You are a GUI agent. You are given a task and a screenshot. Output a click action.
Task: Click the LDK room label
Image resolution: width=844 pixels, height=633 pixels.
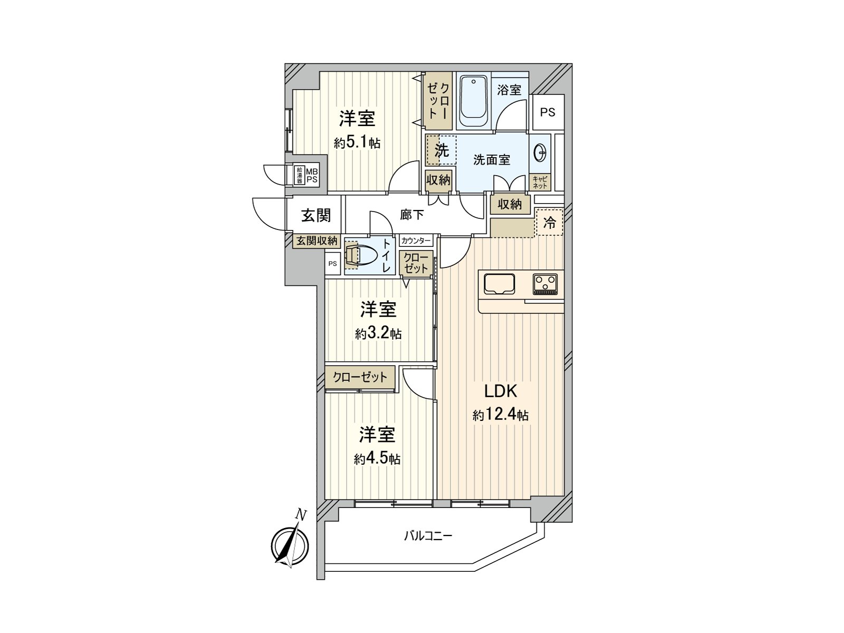coord(501,391)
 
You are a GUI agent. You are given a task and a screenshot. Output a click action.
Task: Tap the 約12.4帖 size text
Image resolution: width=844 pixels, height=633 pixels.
coord(500,415)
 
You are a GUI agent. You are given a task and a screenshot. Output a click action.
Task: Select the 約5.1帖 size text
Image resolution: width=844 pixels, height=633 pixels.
coord(357,142)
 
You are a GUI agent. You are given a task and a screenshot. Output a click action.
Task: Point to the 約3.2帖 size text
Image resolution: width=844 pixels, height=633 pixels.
coord(378,333)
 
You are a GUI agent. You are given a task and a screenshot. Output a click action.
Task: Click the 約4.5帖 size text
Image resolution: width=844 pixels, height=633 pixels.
coord(377,459)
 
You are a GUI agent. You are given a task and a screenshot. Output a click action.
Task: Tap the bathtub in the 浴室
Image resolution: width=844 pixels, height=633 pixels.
coord(473,101)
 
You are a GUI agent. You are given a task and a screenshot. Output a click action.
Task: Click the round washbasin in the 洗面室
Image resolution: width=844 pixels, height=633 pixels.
coord(540,154)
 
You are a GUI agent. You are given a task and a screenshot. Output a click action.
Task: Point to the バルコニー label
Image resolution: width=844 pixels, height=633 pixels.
coord(428,536)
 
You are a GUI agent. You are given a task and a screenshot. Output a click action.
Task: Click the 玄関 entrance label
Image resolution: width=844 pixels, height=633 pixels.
coord(316,215)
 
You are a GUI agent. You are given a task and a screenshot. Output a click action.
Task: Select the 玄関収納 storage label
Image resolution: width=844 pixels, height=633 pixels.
coord(316,241)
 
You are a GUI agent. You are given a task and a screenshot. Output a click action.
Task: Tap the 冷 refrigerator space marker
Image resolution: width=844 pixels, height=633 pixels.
coord(550,222)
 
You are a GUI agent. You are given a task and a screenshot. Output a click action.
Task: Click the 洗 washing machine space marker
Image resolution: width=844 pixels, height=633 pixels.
coord(442,150)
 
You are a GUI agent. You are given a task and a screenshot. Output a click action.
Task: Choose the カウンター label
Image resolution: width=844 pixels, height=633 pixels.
coord(416,241)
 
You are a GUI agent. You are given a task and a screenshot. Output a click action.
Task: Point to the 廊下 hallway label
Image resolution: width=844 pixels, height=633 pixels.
coord(412,214)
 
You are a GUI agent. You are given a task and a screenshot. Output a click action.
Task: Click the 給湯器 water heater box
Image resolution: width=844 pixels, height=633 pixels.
coord(299,175)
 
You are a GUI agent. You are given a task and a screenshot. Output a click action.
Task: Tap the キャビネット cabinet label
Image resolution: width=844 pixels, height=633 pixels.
coord(540,183)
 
